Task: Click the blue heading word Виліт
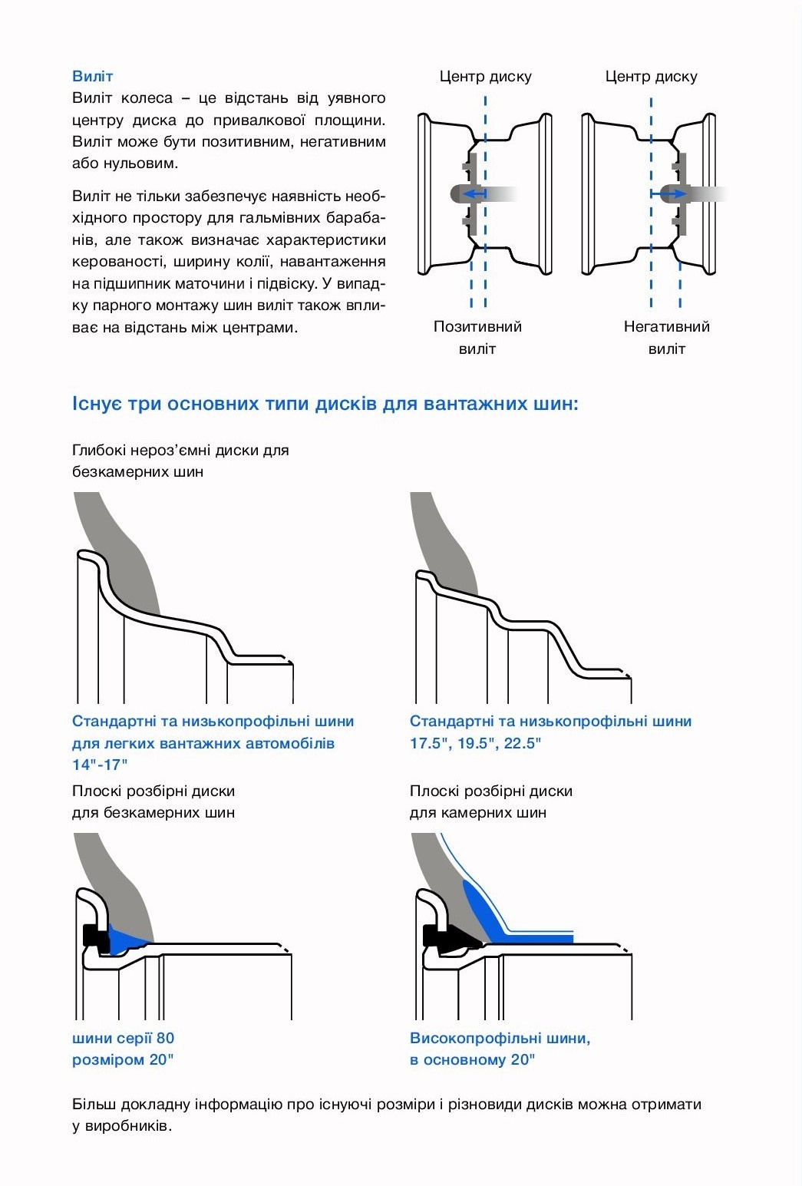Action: (x=92, y=76)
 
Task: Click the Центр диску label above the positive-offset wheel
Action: (x=485, y=76)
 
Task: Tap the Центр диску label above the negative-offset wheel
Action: (x=651, y=76)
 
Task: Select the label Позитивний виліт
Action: (x=477, y=337)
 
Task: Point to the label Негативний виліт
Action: (x=666, y=337)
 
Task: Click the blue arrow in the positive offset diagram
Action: (x=475, y=194)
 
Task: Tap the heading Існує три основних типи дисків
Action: (x=325, y=404)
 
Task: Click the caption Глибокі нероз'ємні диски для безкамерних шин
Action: (x=180, y=461)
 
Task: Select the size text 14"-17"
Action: (x=100, y=765)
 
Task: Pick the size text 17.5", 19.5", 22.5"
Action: (x=475, y=743)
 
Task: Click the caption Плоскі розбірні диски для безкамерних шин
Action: (x=153, y=801)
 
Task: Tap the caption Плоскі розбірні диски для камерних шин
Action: (x=490, y=801)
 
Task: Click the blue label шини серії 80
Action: (x=123, y=1039)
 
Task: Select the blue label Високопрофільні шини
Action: (x=500, y=1039)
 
